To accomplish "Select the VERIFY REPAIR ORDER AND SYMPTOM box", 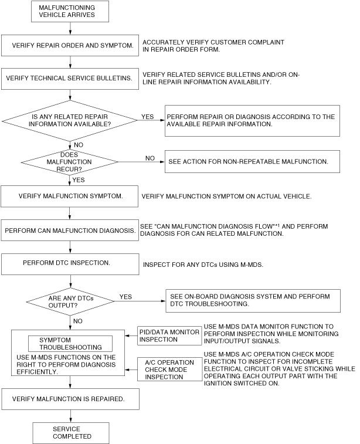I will point(70,45).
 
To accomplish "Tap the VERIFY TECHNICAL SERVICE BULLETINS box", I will point(70,78).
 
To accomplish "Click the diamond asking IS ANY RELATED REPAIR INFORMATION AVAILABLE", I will point(70,120).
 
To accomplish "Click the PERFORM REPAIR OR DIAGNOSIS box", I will point(252,121).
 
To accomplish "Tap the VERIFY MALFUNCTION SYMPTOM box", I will point(70,196).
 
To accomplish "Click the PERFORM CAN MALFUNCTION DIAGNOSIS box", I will point(70,230).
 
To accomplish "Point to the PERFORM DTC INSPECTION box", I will point(70,264).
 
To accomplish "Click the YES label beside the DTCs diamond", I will point(125,297).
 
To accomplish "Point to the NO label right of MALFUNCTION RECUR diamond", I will point(150,158).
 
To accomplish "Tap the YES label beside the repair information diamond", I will point(147,117).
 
